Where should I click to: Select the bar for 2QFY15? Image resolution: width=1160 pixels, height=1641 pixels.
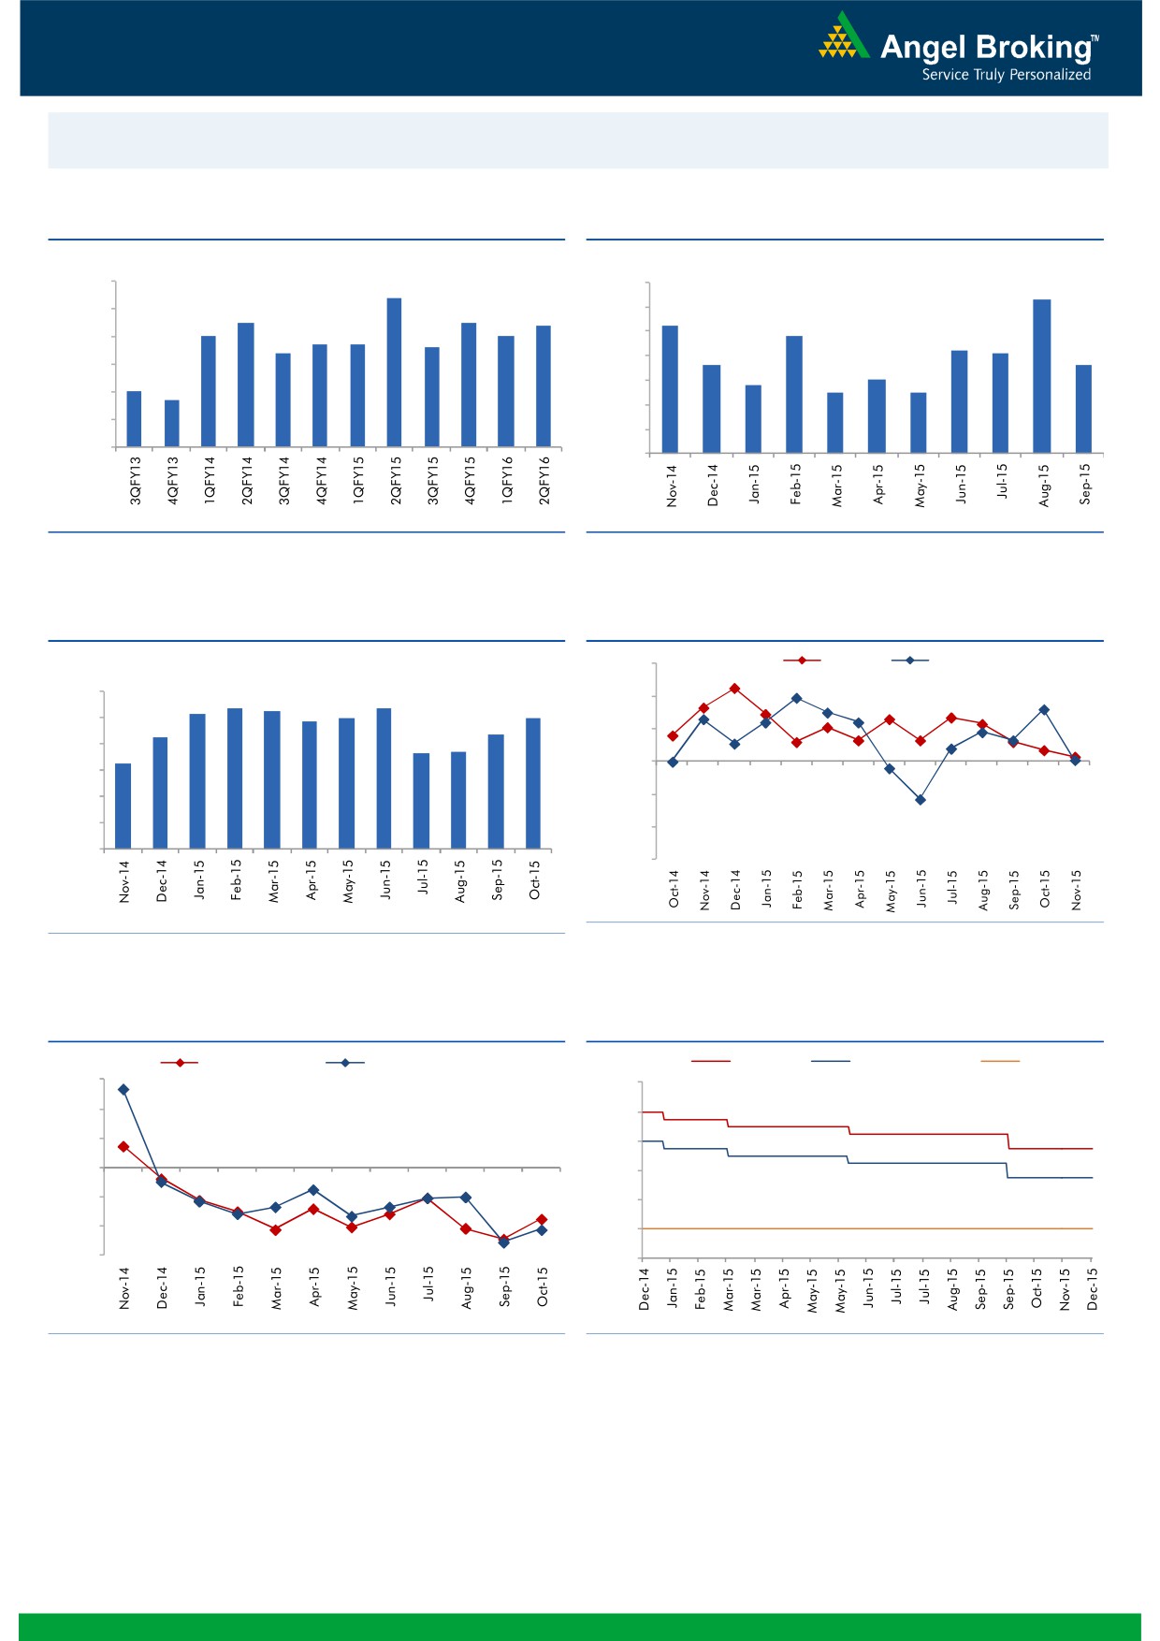(395, 371)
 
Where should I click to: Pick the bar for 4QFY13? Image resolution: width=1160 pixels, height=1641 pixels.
(172, 423)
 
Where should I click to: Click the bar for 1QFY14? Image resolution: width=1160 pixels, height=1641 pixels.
(209, 390)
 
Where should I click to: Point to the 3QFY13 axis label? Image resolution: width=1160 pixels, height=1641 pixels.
(136, 481)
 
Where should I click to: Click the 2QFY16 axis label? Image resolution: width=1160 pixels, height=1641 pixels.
(544, 481)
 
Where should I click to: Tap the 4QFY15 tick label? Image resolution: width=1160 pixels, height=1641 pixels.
(470, 481)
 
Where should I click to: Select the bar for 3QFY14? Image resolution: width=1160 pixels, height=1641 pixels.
(283, 399)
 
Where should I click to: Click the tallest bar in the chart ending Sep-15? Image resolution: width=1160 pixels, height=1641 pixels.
(1042, 376)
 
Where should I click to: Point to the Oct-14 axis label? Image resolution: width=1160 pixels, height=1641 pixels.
(674, 889)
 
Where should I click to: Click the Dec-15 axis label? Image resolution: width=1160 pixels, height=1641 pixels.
(1093, 1288)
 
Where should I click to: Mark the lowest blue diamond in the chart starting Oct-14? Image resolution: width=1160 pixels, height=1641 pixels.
(921, 800)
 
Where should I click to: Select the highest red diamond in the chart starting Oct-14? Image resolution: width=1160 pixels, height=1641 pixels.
(735, 689)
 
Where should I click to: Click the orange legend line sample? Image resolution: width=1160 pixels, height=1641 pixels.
(999, 1061)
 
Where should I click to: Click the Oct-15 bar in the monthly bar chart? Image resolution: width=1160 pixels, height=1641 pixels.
(533, 783)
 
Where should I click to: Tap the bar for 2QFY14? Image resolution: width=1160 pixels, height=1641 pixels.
(246, 384)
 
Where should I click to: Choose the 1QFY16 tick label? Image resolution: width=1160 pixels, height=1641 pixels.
(507, 481)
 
